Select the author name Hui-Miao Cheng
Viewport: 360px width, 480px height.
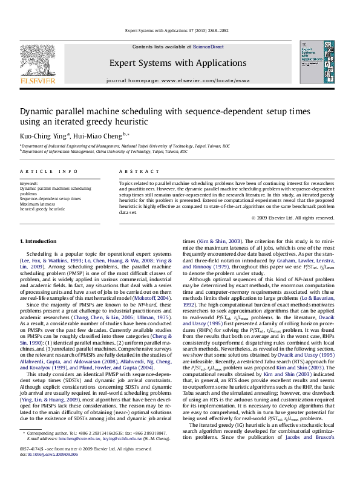click(91, 135)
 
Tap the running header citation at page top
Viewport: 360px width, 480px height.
click(180, 30)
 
